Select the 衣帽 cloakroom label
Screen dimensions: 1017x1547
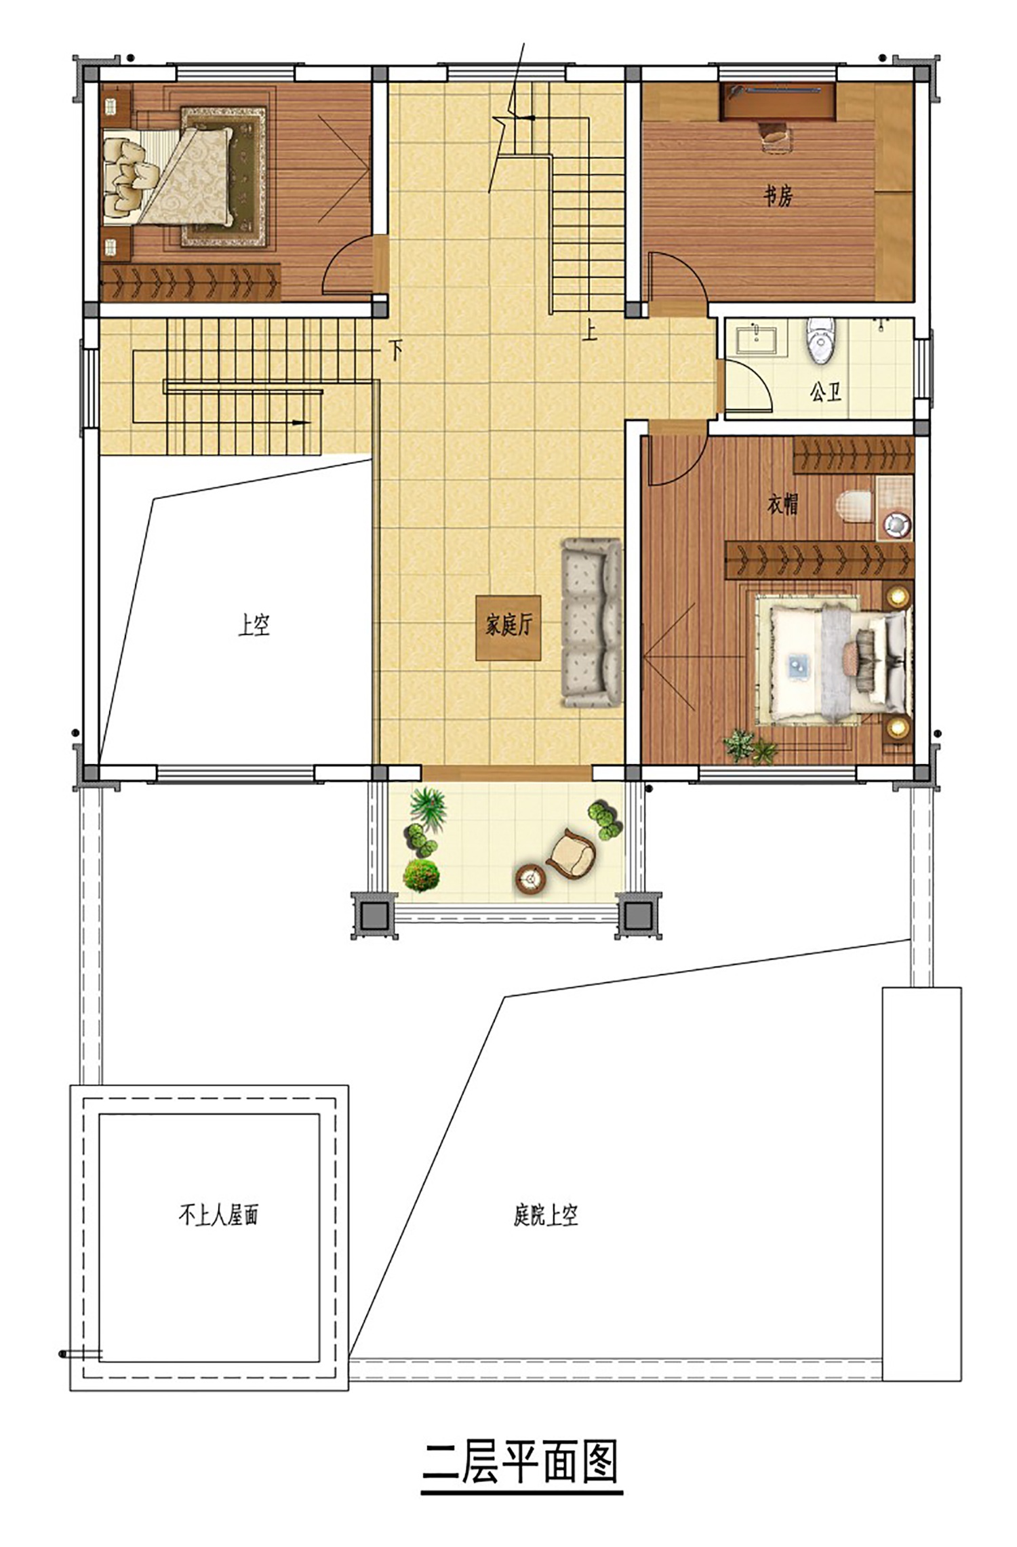point(782,504)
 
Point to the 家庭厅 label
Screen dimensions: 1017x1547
point(508,626)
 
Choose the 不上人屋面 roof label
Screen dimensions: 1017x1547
point(218,1215)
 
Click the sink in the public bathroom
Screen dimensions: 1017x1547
point(758,339)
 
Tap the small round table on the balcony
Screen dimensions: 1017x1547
point(531,879)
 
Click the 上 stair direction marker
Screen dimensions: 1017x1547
point(590,331)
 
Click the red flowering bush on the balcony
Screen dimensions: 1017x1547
point(421,875)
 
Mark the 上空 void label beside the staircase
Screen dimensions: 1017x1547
point(254,625)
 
